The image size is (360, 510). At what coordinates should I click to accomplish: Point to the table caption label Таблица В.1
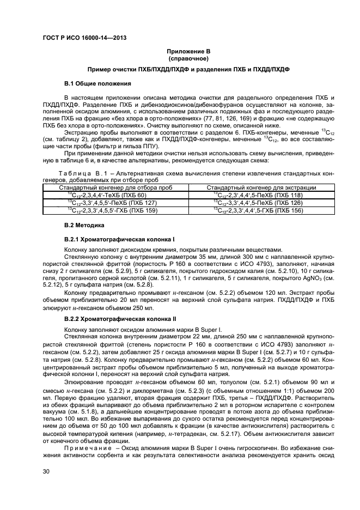click(x=82, y=173)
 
